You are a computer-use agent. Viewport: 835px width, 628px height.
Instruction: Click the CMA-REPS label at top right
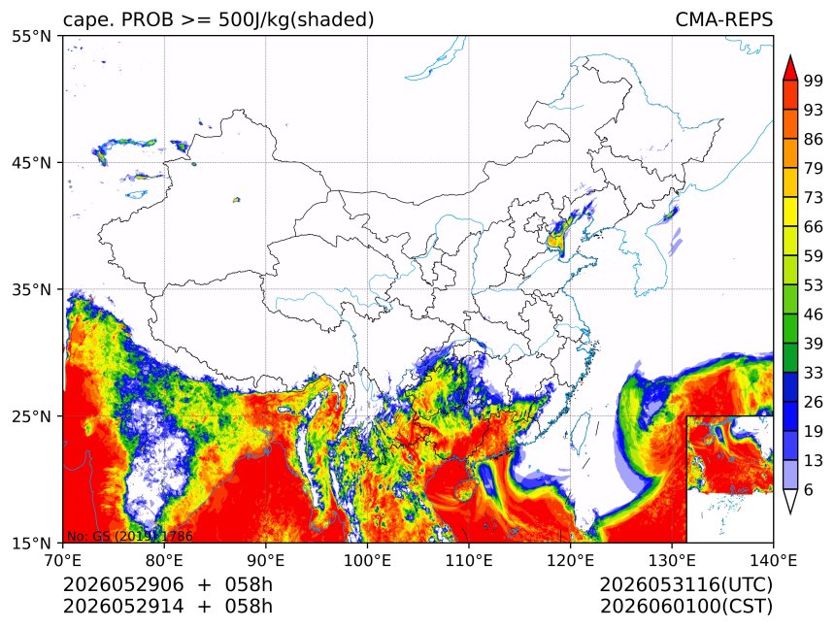coord(723,19)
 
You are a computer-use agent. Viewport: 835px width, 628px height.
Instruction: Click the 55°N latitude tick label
coord(31,36)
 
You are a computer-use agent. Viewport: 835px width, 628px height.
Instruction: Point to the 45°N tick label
coord(31,162)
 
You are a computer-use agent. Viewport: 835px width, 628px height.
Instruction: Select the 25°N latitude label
coord(31,416)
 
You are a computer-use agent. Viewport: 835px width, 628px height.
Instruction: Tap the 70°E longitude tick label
coord(63,560)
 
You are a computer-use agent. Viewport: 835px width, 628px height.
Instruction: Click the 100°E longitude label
coord(367,560)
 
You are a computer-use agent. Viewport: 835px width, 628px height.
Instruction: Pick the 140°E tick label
coord(773,560)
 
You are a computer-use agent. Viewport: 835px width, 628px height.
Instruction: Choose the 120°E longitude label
coord(570,560)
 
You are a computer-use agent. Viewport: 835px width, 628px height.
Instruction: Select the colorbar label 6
coord(809,489)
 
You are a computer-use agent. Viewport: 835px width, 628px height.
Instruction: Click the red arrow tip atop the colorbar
coord(790,55)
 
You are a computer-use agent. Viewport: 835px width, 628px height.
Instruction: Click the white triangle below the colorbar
coord(790,502)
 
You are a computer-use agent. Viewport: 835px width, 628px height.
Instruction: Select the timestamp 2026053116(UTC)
coord(685,584)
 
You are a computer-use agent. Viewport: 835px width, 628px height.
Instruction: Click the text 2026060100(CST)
coord(685,607)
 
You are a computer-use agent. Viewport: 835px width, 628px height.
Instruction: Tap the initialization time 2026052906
coord(123,584)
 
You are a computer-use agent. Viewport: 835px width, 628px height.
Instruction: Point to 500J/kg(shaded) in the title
coord(296,19)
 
